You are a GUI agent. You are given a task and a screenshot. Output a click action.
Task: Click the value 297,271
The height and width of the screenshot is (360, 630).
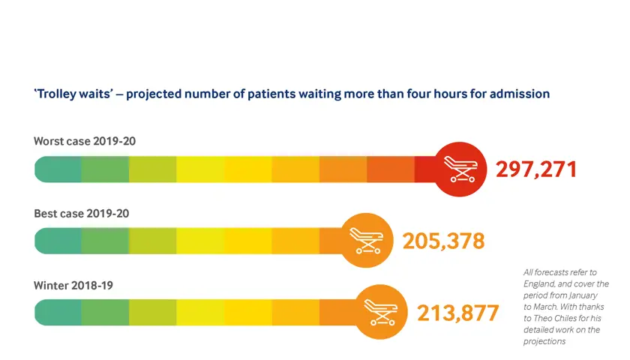coord(536,169)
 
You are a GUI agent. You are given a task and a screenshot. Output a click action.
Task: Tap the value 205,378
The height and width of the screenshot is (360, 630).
coord(443,241)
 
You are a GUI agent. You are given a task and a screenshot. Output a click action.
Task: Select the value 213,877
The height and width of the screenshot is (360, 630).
coord(457,312)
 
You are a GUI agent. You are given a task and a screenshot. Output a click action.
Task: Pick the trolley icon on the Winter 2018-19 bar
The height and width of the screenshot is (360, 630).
coord(382,312)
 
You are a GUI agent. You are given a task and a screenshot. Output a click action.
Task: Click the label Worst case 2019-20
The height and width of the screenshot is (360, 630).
coord(85,141)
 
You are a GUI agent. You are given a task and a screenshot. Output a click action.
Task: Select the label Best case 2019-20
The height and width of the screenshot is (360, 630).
coord(82,213)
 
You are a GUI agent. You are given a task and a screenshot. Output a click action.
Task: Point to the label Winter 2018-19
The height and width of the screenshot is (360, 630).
coord(73,285)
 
